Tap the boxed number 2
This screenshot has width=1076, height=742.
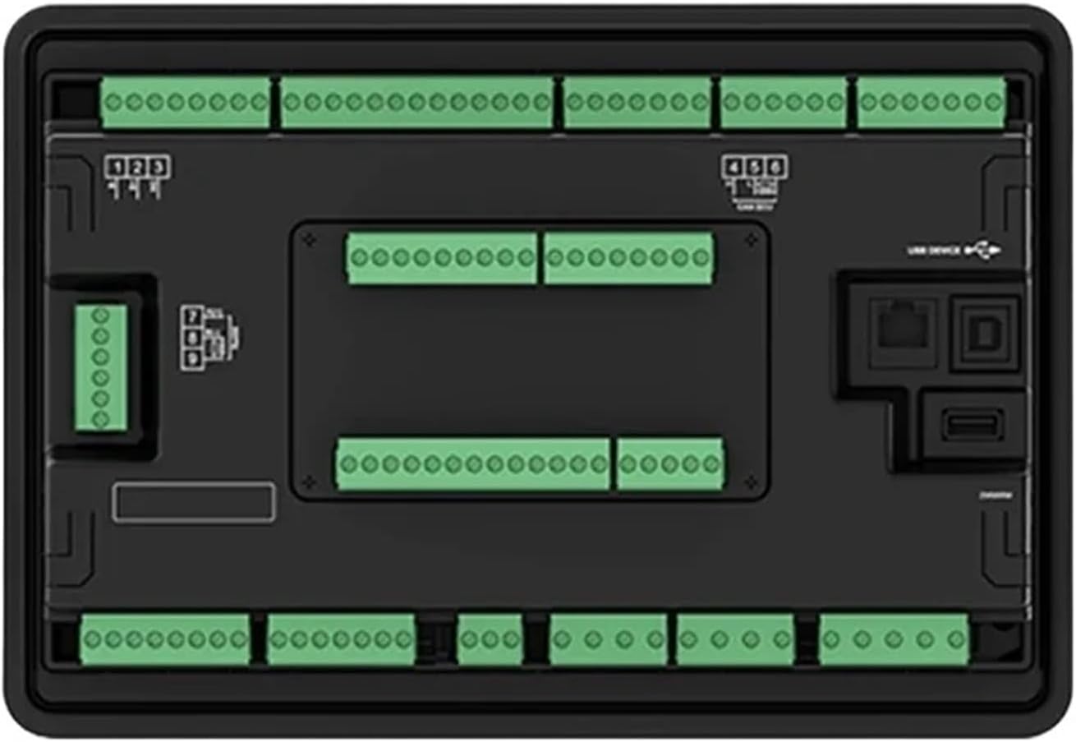coord(138,168)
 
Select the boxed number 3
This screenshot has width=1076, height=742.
coord(159,168)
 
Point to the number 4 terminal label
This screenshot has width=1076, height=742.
coord(733,167)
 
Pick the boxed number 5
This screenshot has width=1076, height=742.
coord(753,167)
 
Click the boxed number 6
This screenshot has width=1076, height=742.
coord(774,167)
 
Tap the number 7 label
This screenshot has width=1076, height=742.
coord(192,316)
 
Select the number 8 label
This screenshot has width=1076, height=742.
coord(192,338)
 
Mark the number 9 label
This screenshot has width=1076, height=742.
coord(192,359)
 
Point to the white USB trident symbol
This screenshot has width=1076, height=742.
coord(983,250)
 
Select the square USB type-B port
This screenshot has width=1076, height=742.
coord(985,331)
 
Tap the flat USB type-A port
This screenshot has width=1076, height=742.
coord(973,426)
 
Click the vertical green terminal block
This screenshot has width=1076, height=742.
coord(100,367)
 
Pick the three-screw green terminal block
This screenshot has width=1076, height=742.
coord(490,639)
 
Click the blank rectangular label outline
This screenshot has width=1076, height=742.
coord(193,501)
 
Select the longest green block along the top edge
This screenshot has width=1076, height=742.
coord(416,102)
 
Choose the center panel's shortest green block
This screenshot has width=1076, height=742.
coord(670,463)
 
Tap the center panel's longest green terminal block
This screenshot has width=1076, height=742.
coord(473,463)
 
